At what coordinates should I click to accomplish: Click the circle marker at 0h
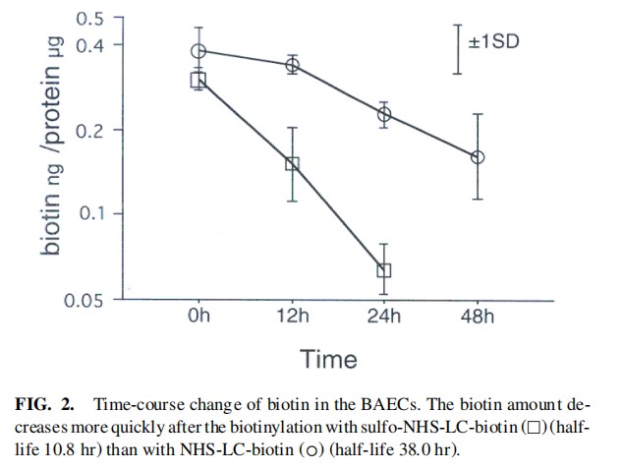198,51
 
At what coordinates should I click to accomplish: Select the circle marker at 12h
292,66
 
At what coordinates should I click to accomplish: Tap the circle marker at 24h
384,114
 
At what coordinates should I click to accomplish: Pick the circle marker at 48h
478,157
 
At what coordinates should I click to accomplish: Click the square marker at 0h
198,80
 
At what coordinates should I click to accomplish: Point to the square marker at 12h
292,164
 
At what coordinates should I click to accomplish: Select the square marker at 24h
384,269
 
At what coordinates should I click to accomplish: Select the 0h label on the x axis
198,317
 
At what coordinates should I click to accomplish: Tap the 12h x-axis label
292,317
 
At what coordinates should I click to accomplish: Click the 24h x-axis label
384,317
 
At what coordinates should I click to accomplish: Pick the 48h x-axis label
478,317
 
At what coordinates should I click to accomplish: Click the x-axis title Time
329,359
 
